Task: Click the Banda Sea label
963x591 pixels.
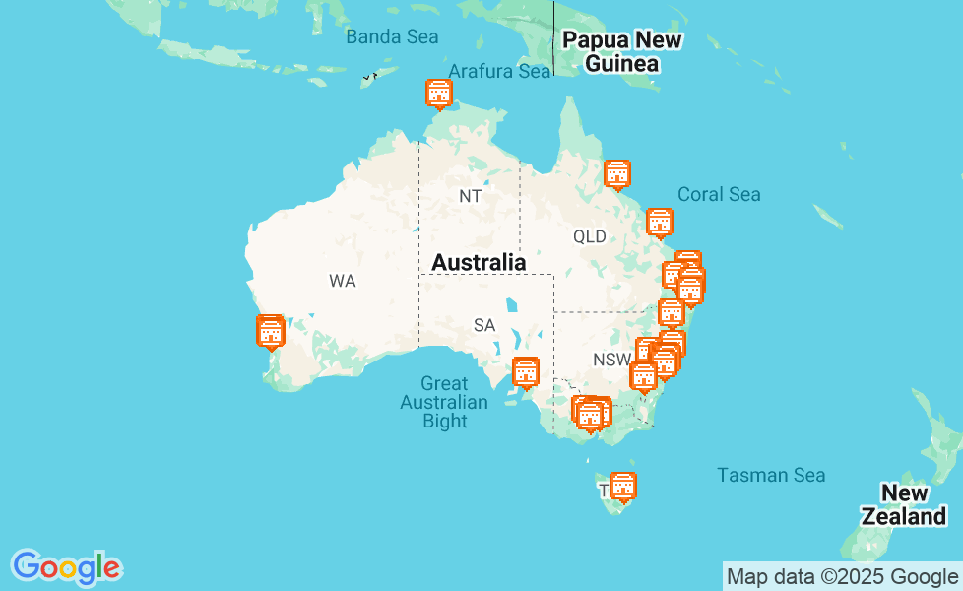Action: point(391,37)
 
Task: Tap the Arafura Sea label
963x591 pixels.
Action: point(499,71)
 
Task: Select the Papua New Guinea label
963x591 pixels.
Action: point(620,52)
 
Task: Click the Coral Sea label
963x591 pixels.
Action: point(719,194)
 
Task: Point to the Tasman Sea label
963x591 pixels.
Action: point(771,475)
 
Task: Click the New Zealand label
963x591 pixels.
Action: point(904,504)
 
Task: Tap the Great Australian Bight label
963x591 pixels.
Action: point(444,402)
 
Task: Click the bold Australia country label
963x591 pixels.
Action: point(479,262)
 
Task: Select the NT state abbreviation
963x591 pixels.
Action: point(470,196)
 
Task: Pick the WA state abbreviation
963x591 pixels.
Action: point(342,281)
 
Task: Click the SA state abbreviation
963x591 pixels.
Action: point(483,325)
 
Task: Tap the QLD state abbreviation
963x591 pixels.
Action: point(590,236)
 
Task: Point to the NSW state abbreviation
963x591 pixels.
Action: point(611,360)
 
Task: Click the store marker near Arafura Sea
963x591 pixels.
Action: point(438,94)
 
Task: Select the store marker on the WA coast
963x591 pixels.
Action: point(271,332)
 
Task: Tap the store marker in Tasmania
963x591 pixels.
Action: point(622,487)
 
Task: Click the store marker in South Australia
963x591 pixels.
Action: point(526,372)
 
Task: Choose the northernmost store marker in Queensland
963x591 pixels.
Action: point(617,174)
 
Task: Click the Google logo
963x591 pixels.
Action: point(66,567)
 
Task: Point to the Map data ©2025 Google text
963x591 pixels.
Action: point(842,577)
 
